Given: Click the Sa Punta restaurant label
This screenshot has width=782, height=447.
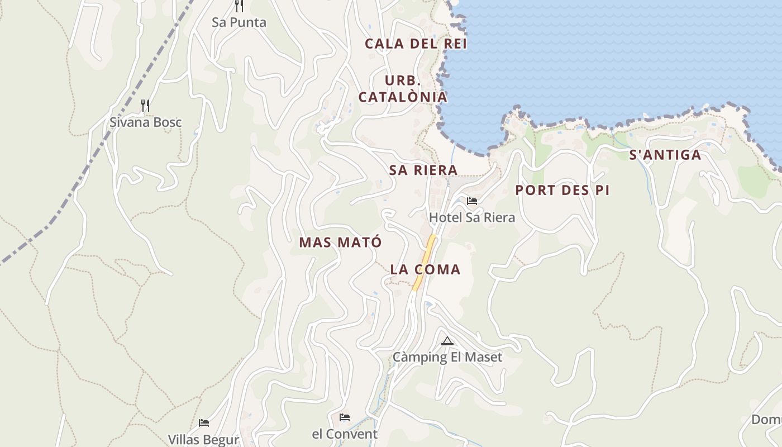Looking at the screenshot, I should coord(239,22).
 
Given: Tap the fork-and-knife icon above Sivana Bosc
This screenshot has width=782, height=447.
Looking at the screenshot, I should coord(145,105).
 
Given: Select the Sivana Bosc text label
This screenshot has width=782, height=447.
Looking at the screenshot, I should coord(145,122).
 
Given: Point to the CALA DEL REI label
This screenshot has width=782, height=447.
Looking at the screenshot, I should coord(416,44).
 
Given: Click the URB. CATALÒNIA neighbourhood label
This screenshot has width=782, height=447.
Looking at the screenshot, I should coord(403,89).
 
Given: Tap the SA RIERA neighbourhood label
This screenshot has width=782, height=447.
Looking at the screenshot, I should coord(423,170).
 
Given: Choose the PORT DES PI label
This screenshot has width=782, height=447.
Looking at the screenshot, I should coord(562,190).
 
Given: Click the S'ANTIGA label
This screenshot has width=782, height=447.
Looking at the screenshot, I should coord(665,155).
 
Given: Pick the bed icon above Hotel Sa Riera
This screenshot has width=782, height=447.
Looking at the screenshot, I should coord(472,201).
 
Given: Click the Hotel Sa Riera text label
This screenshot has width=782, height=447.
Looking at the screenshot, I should coord(472,217).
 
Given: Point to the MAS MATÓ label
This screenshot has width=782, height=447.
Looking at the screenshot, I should coord(340,242).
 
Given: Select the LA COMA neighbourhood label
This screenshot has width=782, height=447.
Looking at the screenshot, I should coord(425,269).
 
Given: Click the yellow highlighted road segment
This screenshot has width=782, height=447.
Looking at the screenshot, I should coord(425,263).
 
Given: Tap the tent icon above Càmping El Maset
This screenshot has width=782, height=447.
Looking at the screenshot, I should coord(447,341).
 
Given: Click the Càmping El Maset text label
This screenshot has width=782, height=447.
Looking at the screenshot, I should coord(447,357).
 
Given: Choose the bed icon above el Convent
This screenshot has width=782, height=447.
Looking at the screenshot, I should coord(345,417).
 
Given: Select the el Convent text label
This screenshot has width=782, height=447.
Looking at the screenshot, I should coord(345,434).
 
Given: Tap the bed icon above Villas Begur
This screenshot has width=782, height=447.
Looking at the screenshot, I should coord(204,423).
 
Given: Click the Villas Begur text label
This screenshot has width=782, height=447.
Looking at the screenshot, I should coord(204,439).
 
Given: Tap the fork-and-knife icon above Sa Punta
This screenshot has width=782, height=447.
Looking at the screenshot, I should coord(239,6).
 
